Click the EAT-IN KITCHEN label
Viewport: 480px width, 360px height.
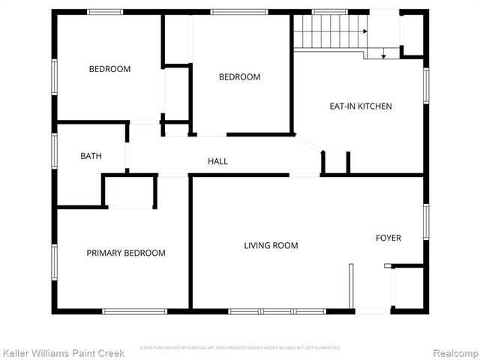[x=361, y=106]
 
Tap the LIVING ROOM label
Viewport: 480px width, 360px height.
[x=271, y=245]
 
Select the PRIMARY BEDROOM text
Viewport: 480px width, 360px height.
[x=126, y=253]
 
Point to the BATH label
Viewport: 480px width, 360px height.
[x=91, y=156]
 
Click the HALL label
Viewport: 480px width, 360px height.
[x=217, y=161]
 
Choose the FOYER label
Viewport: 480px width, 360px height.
[x=388, y=238]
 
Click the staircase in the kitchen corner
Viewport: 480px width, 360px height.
[x=327, y=31]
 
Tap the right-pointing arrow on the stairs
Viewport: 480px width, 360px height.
[x=364, y=31]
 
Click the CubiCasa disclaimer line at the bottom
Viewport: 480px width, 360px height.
[x=240, y=348]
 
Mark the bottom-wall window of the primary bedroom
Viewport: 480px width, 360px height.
[x=135, y=310]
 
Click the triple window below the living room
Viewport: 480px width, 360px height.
[x=277, y=310]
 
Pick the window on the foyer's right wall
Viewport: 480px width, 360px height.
[x=425, y=222]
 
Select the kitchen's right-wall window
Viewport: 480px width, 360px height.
[x=425, y=84]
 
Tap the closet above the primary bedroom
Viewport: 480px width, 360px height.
[x=130, y=192]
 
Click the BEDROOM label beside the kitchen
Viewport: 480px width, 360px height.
[x=239, y=76]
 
